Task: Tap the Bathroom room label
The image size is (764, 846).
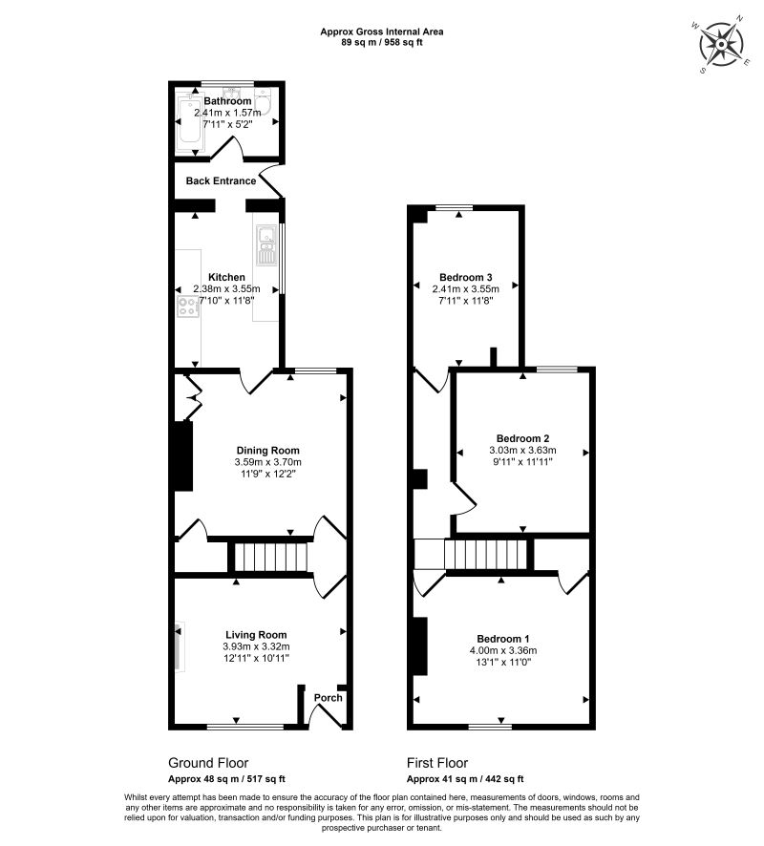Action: [227, 101]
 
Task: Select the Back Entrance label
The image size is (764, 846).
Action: [221, 180]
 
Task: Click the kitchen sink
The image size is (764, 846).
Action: [265, 244]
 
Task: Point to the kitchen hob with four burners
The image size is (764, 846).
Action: [187, 307]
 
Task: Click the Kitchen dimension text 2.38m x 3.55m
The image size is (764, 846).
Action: [227, 289]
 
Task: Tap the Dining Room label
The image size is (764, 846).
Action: [268, 451]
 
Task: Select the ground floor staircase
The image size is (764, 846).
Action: [270, 558]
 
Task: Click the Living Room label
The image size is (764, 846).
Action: [256, 634]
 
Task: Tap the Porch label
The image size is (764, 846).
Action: [329, 698]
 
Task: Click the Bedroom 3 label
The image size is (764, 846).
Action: [466, 277]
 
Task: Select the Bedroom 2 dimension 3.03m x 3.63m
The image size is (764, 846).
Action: [522, 451]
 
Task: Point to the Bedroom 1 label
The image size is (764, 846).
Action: [503, 639]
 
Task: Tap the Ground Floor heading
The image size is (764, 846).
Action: [208, 763]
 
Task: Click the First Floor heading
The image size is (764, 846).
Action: [437, 763]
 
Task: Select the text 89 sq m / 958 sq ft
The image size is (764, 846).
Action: [382, 43]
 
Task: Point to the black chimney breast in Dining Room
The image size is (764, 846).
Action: [182, 455]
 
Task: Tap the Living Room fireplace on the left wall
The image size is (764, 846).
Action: [179, 647]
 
